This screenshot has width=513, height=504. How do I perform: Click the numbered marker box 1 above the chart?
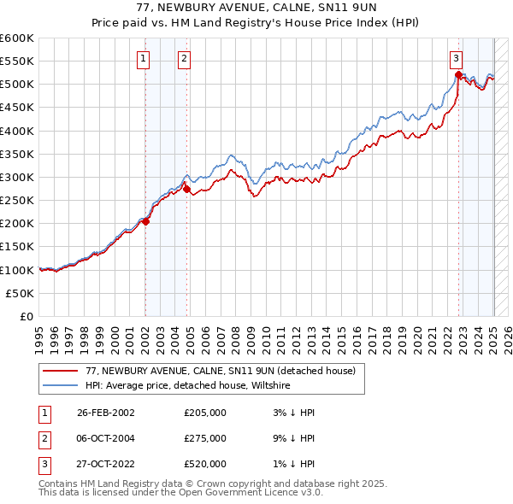pyautogui.click(x=142, y=59)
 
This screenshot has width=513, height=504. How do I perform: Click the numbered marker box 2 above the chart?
pyautogui.click(x=184, y=59)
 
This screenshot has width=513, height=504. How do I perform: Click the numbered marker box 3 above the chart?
pyautogui.click(x=456, y=59)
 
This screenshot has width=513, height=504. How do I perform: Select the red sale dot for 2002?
pyautogui.click(x=146, y=221)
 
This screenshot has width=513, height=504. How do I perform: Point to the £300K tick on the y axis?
pyautogui.click(x=17, y=177)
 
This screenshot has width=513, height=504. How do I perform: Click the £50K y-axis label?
pyautogui.click(x=21, y=293)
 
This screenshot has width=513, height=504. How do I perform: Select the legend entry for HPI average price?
pyautogui.click(x=188, y=386)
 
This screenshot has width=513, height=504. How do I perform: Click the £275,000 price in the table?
pyautogui.click(x=205, y=438)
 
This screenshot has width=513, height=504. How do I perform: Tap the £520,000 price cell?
pyautogui.click(x=205, y=464)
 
